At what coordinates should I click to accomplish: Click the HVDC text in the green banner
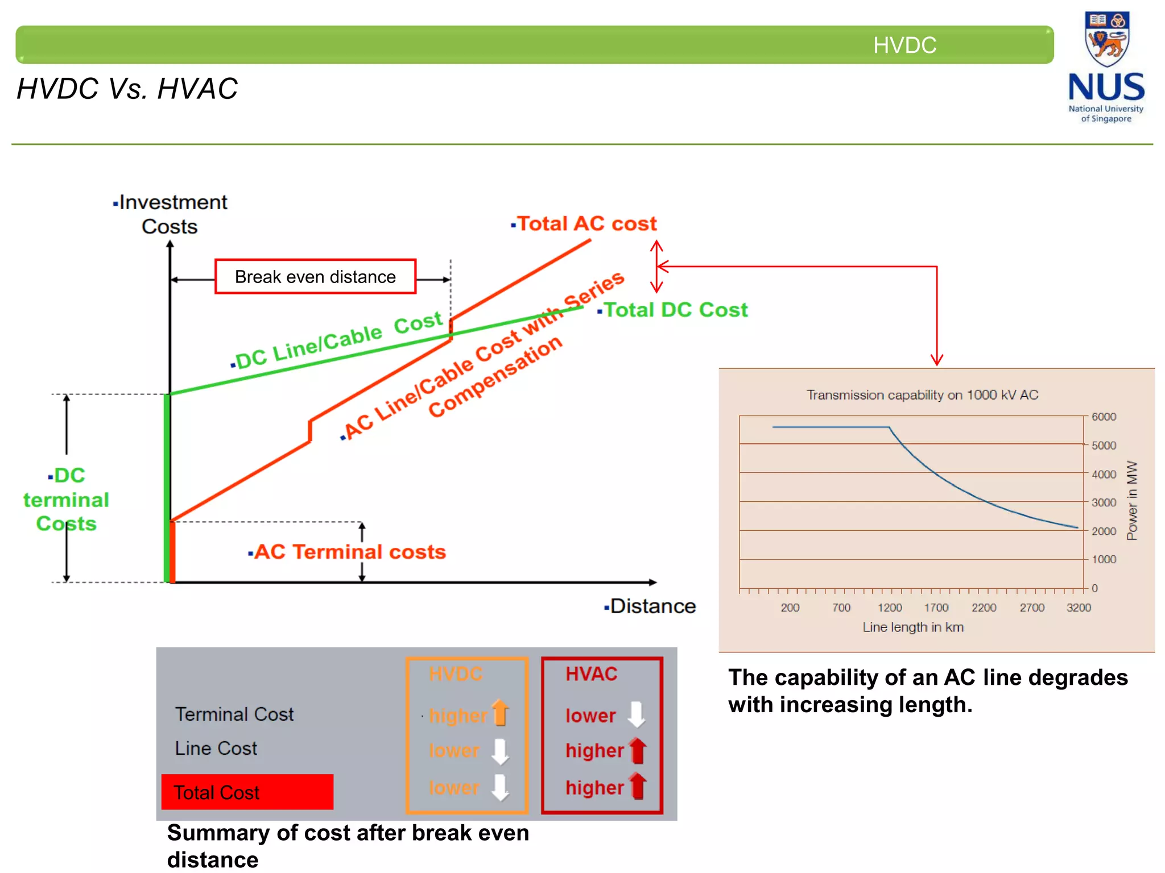(904, 45)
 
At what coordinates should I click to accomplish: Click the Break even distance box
(315, 277)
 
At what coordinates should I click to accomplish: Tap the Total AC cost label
(586, 224)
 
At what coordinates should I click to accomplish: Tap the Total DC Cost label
(675, 310)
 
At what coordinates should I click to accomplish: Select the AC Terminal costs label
(349, 552)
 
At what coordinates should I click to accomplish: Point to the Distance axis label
(652, 606)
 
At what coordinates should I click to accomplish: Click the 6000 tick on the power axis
(1104, 417)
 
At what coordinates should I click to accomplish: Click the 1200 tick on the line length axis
(889, 608)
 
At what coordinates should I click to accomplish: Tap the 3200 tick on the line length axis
(1079, 608)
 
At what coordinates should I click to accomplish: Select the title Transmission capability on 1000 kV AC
(922, 395)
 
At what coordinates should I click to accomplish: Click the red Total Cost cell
(247, 792)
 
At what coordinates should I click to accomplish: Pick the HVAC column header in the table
(591, 674)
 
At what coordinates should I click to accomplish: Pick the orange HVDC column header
(456, 674)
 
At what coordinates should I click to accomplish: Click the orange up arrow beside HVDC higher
(500, 713)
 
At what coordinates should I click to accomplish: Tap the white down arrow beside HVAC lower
(636, 714)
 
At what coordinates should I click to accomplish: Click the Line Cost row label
(216, 749)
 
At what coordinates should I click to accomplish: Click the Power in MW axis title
(1132, 500)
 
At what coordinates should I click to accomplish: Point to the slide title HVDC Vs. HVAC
(127, 89)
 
